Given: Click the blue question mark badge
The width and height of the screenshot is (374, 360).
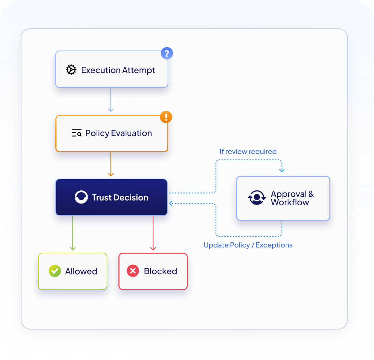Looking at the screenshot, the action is point(167,53).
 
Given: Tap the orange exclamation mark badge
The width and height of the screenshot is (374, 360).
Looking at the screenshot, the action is point(166,117).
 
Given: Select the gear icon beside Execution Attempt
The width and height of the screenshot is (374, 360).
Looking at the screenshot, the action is point(71,70).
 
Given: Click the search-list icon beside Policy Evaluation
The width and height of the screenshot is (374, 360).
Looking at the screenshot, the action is point(77,133).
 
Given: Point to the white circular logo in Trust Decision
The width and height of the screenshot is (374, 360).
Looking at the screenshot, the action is point(81,197).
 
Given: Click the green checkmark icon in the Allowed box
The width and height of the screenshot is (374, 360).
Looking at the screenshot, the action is point(55,271).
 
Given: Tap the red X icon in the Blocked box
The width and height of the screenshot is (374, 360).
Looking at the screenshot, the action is point(133,271).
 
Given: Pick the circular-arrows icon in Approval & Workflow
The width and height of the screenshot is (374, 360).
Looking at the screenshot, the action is point(257,198).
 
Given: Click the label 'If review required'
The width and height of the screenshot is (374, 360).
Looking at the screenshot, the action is point(248,152).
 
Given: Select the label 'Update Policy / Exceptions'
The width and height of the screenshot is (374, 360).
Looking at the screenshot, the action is point(248,245).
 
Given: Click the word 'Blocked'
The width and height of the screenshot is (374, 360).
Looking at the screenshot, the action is point(161,271).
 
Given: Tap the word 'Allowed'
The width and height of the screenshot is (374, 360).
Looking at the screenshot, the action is point(81,271).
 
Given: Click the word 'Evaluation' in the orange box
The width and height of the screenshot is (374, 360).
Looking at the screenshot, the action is point(132,133).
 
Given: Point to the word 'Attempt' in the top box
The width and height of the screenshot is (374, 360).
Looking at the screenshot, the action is point(139,70).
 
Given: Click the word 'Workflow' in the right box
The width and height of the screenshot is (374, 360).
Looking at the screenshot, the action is point(290,202).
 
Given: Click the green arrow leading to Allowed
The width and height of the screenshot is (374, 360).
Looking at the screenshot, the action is point(73,233).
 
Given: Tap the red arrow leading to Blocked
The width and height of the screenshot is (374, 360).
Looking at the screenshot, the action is point(153,233).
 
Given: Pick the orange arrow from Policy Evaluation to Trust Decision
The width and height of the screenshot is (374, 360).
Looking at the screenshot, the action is point(111,164).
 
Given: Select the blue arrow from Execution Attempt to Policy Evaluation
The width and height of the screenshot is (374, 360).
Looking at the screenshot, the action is point(111,100).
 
